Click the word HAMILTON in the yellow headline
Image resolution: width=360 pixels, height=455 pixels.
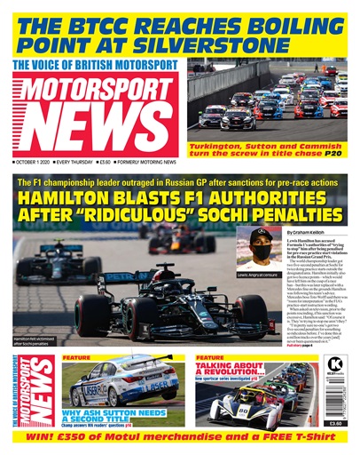pyautogui.click(x=62, y=200)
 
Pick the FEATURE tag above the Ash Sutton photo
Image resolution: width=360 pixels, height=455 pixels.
pyautogui.click(x=74, y=358)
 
